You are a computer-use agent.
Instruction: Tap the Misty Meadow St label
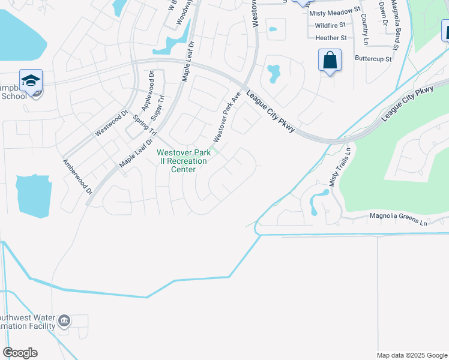(334, 11)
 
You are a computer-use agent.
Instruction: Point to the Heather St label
(331, 38)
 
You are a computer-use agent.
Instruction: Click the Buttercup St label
(373, 59)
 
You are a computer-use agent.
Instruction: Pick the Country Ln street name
(364, 28)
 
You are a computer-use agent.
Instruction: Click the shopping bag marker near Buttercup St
(330, 61)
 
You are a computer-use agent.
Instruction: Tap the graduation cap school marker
(31, 80)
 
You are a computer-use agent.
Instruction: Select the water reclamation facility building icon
(64, 322)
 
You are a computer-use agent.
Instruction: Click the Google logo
(20, 353)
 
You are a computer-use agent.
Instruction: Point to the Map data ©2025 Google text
(412, 355)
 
